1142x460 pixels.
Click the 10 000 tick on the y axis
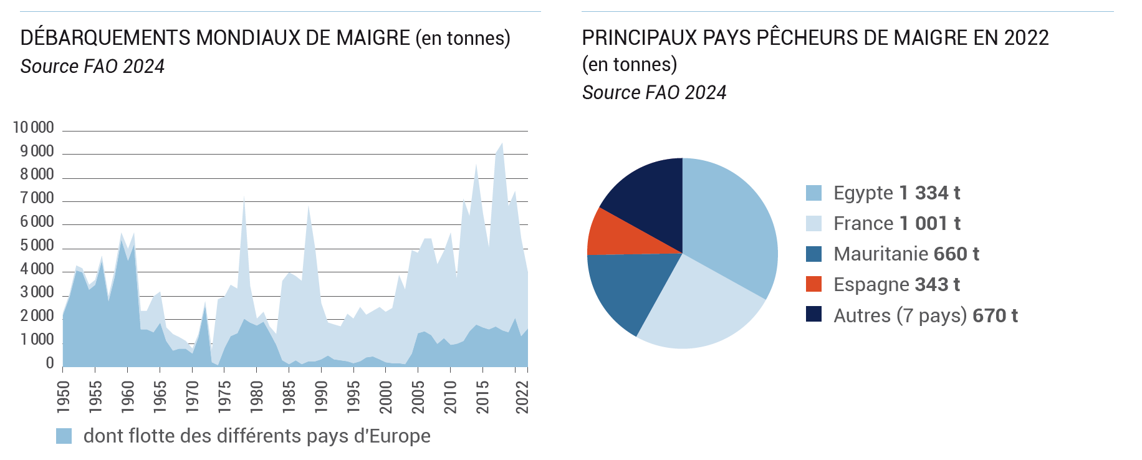[34, 128]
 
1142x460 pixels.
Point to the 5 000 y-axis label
[37, 246]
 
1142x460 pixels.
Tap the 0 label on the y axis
[50, 363]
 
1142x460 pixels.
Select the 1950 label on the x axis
[63, 397]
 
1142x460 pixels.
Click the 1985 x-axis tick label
[289, 397]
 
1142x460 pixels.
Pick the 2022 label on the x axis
[522, 397]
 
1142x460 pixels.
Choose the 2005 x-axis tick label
[418, 397]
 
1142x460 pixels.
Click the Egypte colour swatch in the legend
[813, 193]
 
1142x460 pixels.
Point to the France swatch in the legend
[813, 224]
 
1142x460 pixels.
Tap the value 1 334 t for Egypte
[929, 193]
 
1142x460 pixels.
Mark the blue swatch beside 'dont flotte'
[64, 436]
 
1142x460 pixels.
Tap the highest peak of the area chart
[502, 144]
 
